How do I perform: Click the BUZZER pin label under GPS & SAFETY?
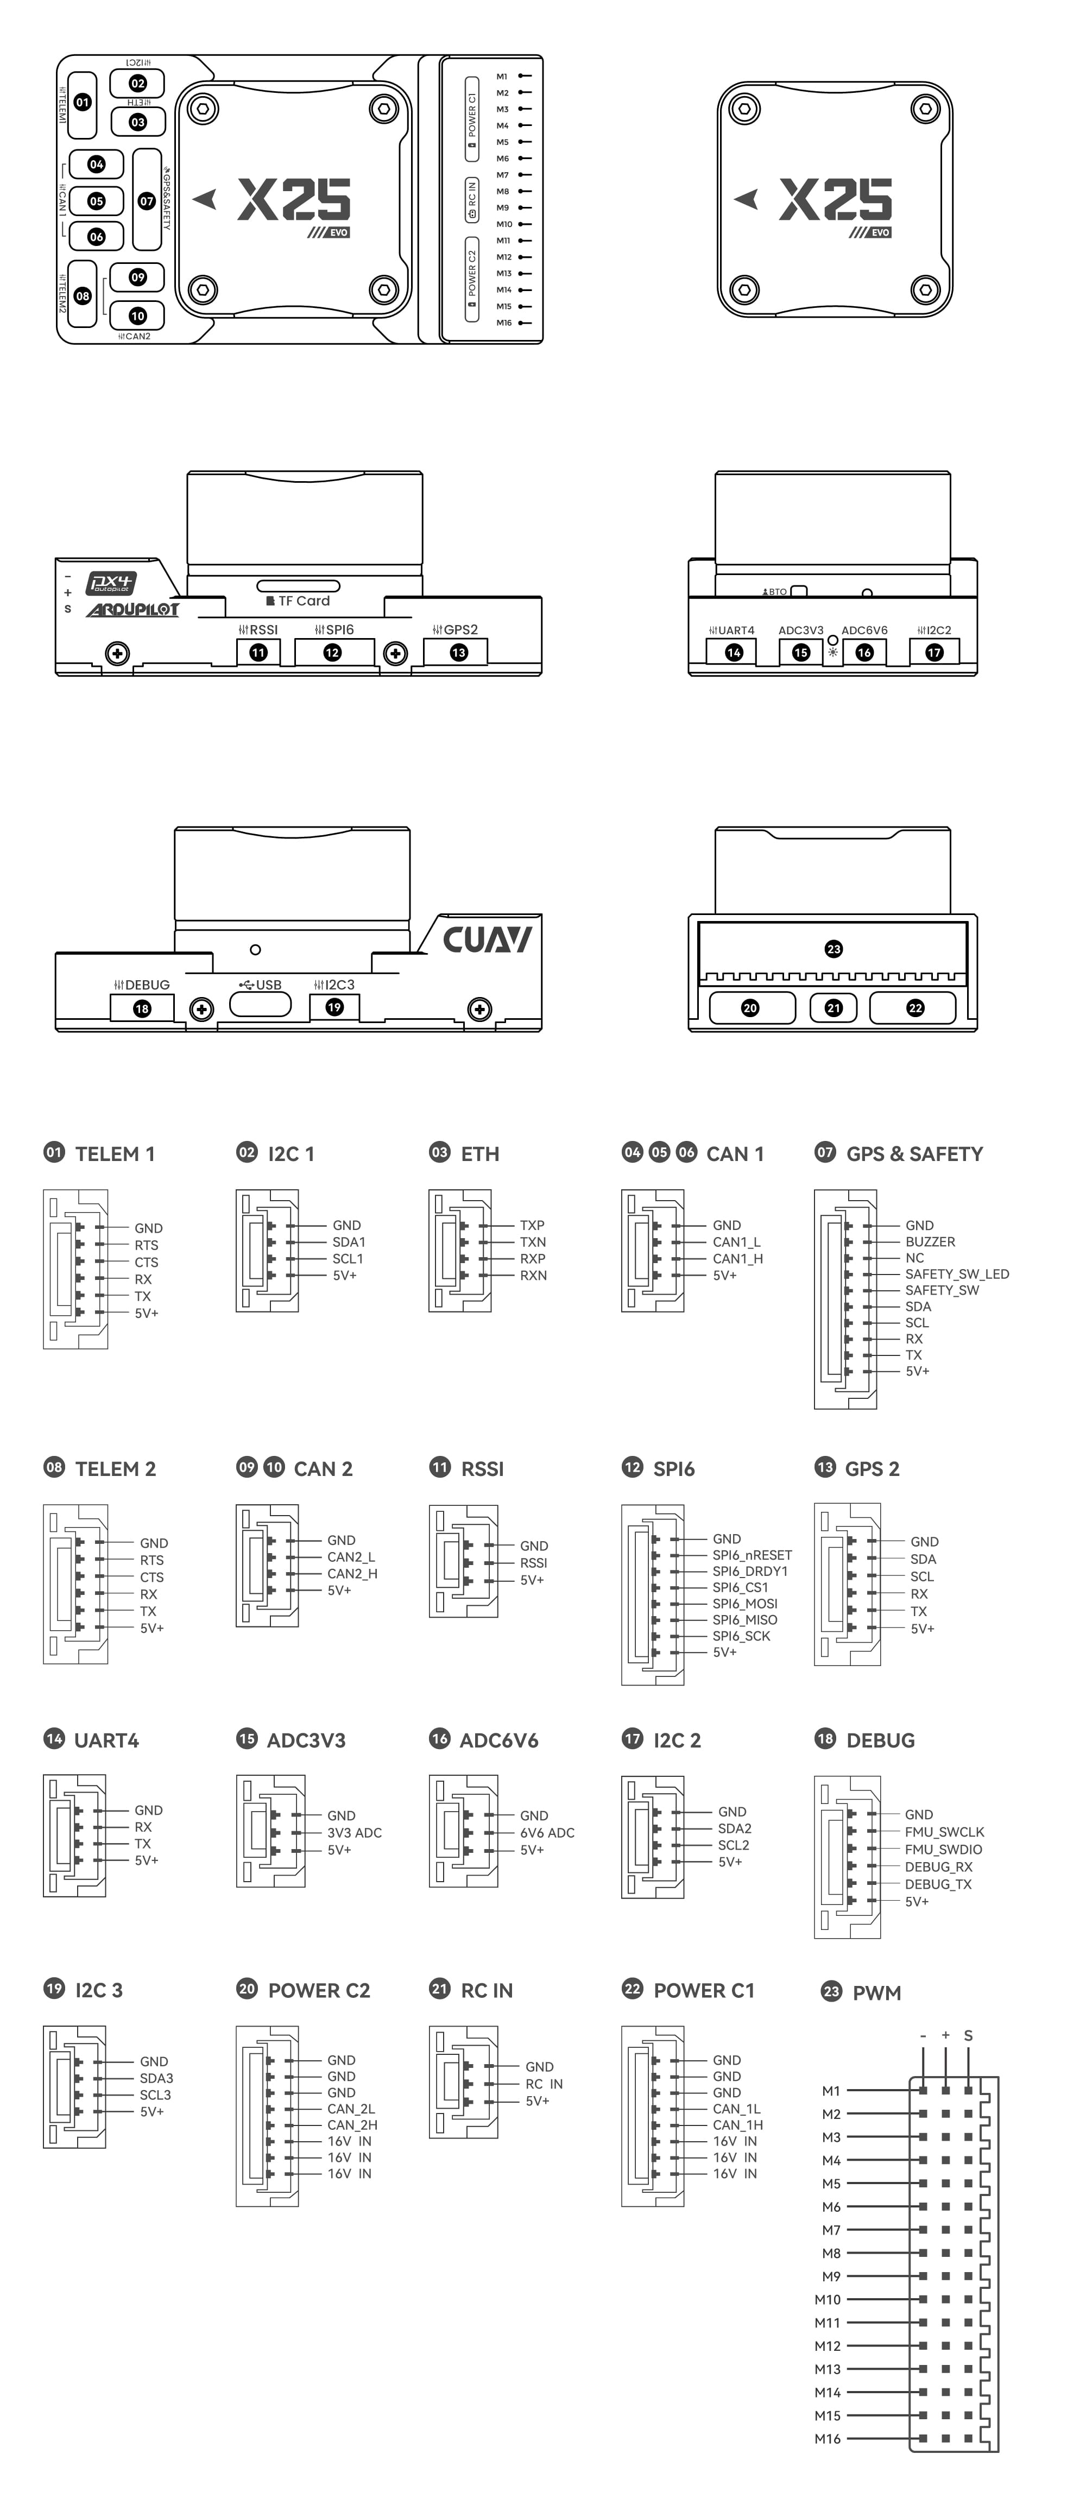(x=930, y=1241)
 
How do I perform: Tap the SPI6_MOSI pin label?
(x=744, y=1603)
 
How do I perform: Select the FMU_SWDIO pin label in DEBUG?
(x=943, y=1849)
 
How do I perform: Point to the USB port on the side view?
(x=260, y=1004)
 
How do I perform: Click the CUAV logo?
(x=487, y=939)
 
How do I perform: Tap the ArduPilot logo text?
(x=132, y=610)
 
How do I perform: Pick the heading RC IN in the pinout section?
(x=487, y=1990)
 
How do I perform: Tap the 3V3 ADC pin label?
(x=354, y=1833)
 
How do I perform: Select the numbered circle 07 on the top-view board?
(x=147, y=201)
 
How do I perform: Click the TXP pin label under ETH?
(x=532, y=1225)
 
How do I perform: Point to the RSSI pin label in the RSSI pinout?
(x=533, y=1562)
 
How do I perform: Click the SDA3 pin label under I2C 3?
(x=156, y=2078)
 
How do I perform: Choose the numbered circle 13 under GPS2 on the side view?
(x=459, y=653)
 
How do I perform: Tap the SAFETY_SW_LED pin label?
(x=957, y=1274)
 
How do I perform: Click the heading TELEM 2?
(x=115, y=1469)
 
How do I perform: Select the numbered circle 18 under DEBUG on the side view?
(x=142, y=1008)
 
